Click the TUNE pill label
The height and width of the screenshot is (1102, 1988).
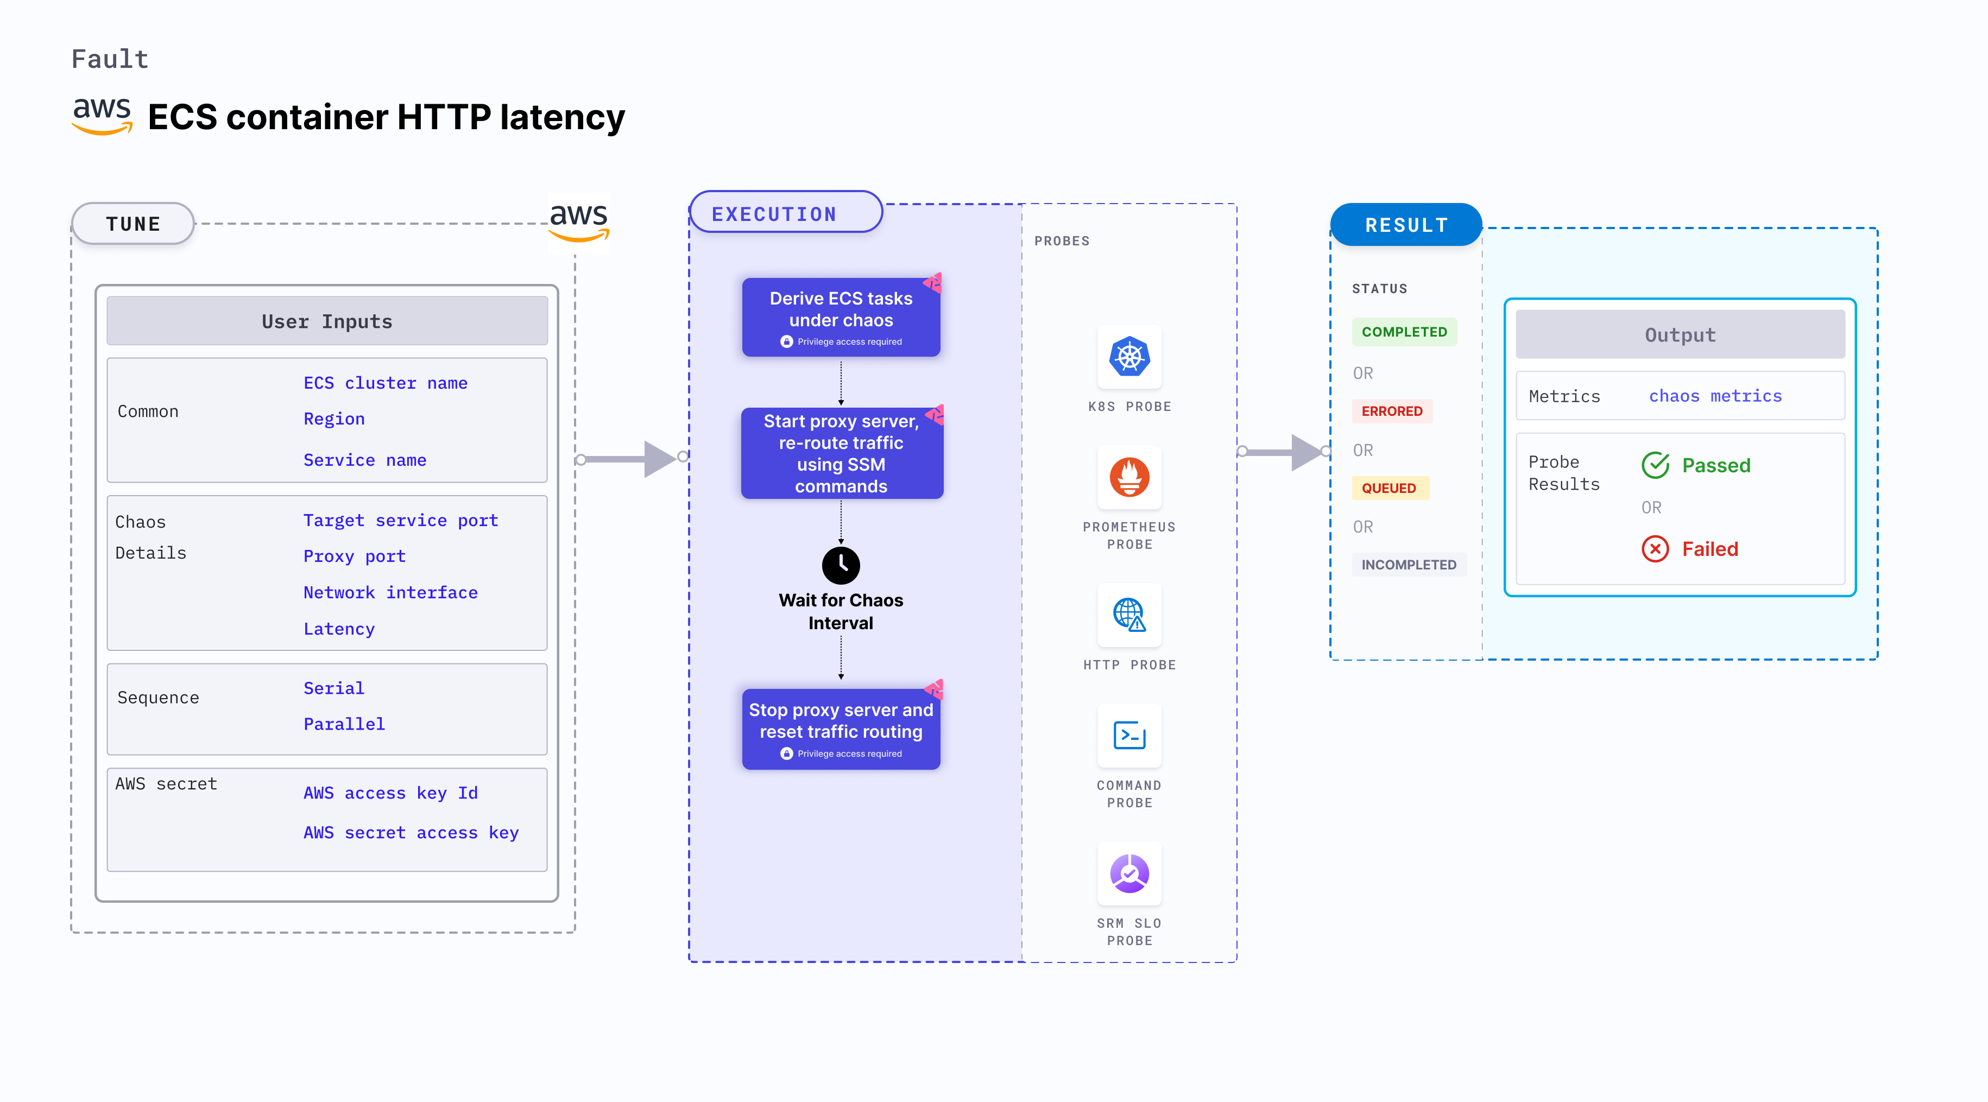click(x=132, y=224)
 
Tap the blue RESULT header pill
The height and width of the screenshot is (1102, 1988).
click(x=1405, y=225)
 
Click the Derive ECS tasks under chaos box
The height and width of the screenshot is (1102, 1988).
click(x=841, y=317)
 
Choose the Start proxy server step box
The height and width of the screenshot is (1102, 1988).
click(x=841, y=453)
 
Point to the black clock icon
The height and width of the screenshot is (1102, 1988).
click(x=841, y=566)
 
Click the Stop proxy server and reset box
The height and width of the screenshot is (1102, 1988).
click(x=841, y=728)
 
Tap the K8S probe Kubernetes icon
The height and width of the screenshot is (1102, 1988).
click(x=1129, y=357)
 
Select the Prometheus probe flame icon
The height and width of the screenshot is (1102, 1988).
click(x=1129, y=477)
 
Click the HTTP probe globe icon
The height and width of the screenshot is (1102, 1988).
click(x=1129, y=615)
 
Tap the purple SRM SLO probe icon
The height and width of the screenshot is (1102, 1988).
click(x=1129, y=873)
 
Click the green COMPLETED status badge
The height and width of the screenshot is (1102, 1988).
click(x=1404, y=332)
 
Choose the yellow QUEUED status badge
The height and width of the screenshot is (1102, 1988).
click(x=1389, y=487)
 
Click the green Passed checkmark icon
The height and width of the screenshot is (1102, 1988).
click(x=1655, y=465)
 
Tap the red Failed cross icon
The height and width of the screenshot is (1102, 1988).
click(x=1655, y=549)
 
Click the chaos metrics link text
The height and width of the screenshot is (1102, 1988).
click(x=1715, y=396)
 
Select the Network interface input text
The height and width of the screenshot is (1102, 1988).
click(x=390, y=593)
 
